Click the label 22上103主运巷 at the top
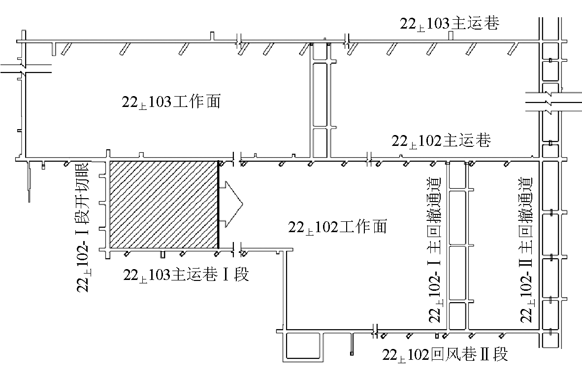click(x=450, y=24)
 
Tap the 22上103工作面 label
click(x=170, y=102)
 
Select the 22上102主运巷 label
click(x=441, y=141)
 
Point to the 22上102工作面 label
click(x=338, y=227)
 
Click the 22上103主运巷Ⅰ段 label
click(x=186, y=275)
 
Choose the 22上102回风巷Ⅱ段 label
click(x=445, y=354)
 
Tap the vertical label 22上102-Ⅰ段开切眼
click(x=82, y=227)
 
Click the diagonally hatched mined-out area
click(x=163, y=204)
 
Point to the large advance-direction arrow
click(x=231, y=204)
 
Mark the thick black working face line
click(x=219, y=204)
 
